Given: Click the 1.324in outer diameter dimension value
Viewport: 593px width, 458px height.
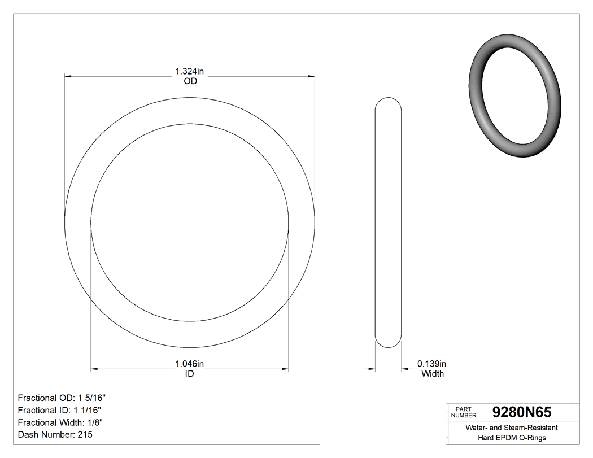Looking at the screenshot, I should [x=189, y=72].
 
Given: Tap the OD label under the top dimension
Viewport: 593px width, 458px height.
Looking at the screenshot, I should [x=190, y=81].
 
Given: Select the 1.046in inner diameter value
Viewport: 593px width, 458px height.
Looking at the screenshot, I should [x=189, y=364].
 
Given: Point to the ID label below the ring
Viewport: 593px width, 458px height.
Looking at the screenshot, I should [x=189, y=374].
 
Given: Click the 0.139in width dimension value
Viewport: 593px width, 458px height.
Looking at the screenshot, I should [x=431, y=364].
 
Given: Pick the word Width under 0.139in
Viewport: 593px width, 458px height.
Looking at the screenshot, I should [x=433, y=374].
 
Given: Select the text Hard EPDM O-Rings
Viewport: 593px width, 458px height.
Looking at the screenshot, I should [x=512, y=438].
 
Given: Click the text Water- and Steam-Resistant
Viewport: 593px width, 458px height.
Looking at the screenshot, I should [x=512, y=428].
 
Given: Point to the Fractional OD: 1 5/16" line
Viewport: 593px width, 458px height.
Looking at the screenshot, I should [x=62, y=398].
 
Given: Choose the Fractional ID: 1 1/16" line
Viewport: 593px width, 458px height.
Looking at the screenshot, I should [x=60, y=410].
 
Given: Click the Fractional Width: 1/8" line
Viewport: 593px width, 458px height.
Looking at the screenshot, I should [x=60, y=422].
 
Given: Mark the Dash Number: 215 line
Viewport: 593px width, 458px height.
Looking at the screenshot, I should [x=55, y=435].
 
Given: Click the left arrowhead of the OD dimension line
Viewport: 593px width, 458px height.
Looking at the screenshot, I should [x=68, y=76].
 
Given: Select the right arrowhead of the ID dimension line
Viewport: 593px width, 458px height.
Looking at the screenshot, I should [x=285, y=369].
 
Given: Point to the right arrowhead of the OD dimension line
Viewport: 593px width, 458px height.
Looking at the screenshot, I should [x=311, y=76].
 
